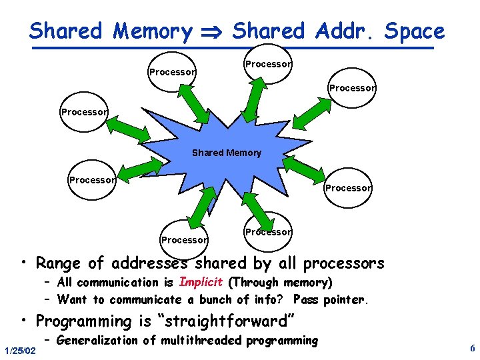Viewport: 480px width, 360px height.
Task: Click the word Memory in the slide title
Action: (x=153, y=31)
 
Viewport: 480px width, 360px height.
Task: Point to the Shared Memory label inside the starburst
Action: (x=227, y=153)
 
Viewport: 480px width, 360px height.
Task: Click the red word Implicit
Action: (x=201, y=282)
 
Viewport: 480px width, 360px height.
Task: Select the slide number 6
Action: (x=472, y=349)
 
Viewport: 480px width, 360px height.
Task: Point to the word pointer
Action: (x=344, y=299)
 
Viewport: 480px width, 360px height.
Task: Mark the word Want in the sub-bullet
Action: (x=72, y=299)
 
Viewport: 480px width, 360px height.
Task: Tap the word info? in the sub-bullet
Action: (x=271, y=299)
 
